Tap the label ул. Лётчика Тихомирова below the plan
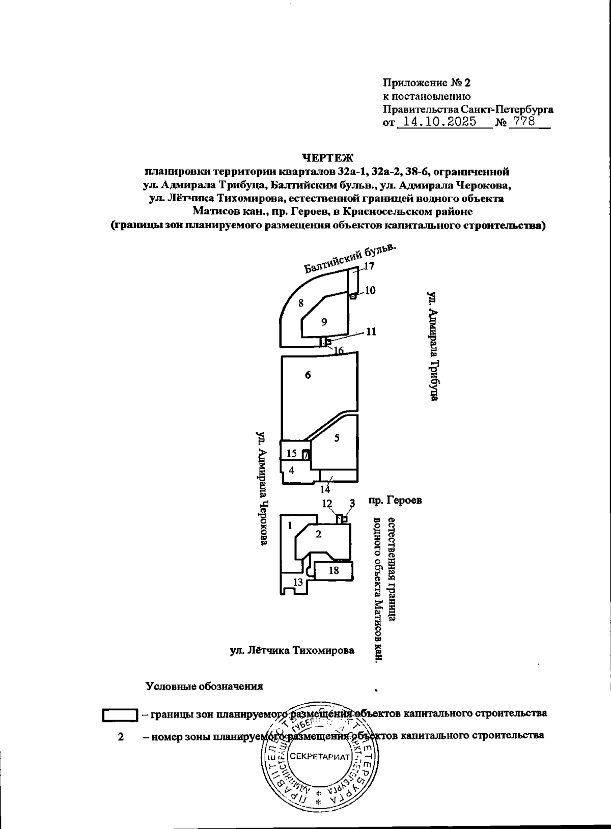click(x=291, y=650)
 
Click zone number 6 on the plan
click(x=308, y=375)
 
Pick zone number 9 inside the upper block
click(x=324, y=322)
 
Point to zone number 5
click(x=337, y=437)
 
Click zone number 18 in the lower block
click(x=334, y=570)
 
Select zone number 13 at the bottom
click(x=298, y=582)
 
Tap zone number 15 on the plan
click(x=291, y=453)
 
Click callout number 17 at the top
click(x=369, y=266)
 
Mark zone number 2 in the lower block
click(x=319, y=534)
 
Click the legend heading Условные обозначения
click(x=204, y=686)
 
